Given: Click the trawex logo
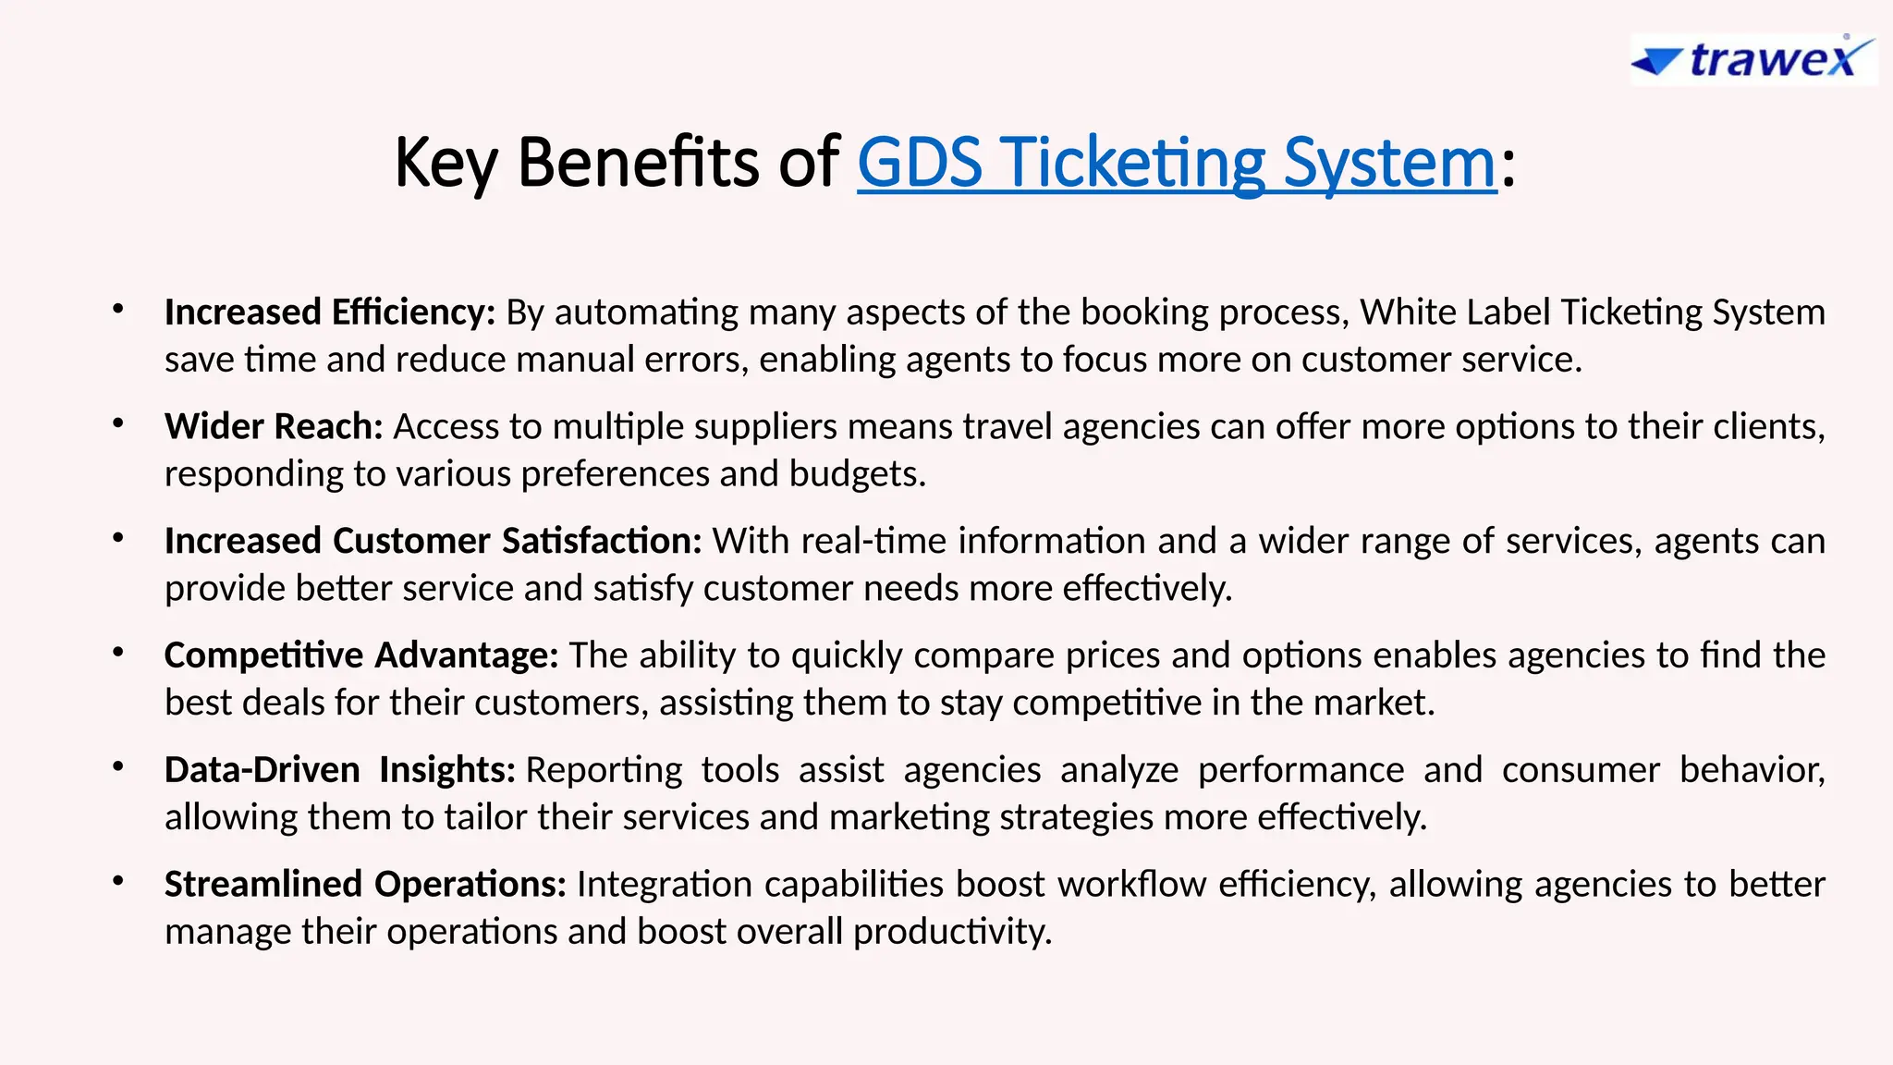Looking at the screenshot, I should pos(1753,60).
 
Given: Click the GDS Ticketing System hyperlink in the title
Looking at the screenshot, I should pos(1176,164).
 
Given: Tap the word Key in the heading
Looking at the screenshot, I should pos(446,164).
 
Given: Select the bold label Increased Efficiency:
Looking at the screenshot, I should pos(330,312).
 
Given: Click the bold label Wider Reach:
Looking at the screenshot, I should pos(274,427).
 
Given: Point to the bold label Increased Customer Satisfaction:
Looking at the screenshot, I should pos(434,541).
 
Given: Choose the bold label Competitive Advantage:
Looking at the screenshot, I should pos(361,655).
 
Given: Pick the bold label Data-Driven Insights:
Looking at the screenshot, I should pos(339,770).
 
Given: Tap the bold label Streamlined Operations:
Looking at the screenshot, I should pos(365,885).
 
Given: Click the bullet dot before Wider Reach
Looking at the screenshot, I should pos(117,424).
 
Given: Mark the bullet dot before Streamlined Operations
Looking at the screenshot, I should pos(117,882).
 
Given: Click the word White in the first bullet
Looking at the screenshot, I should pos(1404,312).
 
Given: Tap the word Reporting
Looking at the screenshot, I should pos(604,770).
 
